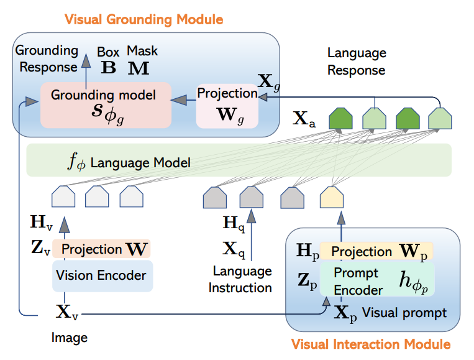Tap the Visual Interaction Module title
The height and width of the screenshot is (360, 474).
click(x=370, y=344)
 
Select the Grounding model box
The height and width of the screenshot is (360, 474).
click(x=103, y=103)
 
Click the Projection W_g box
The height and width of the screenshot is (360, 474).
click(x=227, y=105)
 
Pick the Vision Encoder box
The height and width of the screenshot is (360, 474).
click(x=102, y=275)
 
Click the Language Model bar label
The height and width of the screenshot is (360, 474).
click(x=129, y=163)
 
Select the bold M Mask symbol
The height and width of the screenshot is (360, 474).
click(x=139, y=67)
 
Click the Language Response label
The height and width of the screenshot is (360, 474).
click(x=357, y=61)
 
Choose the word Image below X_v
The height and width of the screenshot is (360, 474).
click(x=70, y=338)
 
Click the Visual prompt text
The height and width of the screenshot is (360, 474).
click(x=404, y=313)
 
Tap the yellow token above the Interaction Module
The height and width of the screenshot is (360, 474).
click(x=331, y=197)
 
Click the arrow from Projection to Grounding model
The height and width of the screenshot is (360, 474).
click(x=182, y=98)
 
